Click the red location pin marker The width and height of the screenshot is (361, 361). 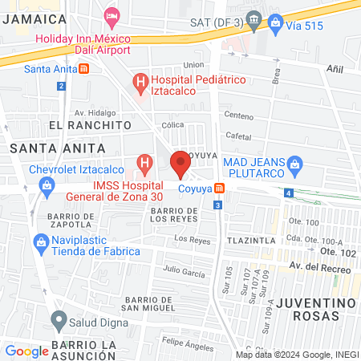180,164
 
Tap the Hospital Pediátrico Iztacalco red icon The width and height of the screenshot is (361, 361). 141,81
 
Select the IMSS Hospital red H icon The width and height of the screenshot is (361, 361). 144,166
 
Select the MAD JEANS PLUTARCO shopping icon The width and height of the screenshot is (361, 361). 294,165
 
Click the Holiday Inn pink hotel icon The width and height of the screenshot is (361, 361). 112,15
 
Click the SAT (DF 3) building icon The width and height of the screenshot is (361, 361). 254,18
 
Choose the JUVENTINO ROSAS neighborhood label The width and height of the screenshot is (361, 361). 316,310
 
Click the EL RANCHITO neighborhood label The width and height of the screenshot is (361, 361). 89,126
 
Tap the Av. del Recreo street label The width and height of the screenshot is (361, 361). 321,267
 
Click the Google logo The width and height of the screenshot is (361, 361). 26,351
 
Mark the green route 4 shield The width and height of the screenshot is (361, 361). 288,193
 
